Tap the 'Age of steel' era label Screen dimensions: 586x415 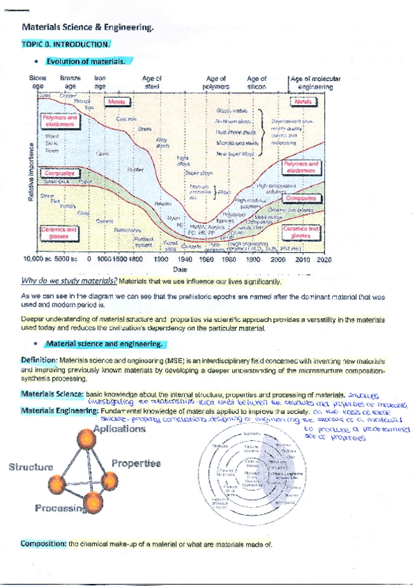151,82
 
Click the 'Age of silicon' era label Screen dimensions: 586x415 257,82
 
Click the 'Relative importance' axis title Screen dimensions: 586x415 30,173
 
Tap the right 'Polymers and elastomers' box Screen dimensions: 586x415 302,167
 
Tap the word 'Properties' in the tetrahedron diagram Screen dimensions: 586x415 136,463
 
